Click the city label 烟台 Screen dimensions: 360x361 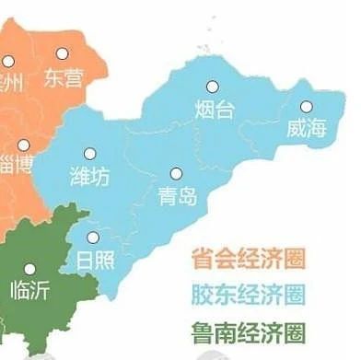[x=215, y=110]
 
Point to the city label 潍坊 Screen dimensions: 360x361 [x=90, y=176]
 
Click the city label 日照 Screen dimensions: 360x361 [x=96, y=259]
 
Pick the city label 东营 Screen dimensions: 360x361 [x=63, y=77]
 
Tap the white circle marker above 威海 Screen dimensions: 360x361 [x=306, y=105]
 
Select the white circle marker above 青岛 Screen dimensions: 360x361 [x=177, y=172]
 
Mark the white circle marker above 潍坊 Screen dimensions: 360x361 [x=90, y=154]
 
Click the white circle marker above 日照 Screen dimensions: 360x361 [x=92, y=236]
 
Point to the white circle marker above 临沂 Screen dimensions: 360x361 [x=29, y=268]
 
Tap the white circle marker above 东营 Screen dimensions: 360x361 [x=63, y=54]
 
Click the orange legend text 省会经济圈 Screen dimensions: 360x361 [x=248, y=257]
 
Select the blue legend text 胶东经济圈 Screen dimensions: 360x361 [x=248, y=295]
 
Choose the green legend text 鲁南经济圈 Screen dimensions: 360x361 [x=248, y=331]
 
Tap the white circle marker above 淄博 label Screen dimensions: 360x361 [x=23, y=145]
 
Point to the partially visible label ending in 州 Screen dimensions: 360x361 [x=11, y=79]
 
